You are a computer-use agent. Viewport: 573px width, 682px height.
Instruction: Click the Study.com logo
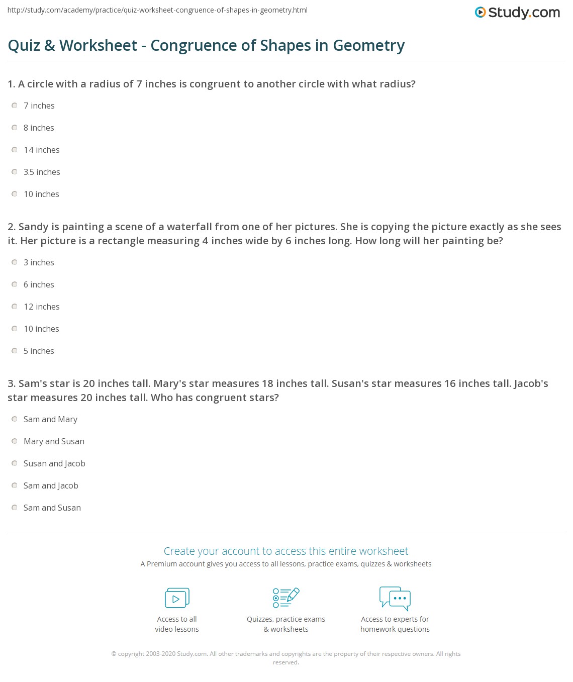coord(517,13)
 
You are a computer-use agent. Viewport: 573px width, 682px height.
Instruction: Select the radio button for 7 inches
coord(15,106)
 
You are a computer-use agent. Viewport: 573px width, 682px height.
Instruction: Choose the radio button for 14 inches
coord(15,150)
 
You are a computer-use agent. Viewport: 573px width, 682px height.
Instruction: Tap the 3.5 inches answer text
coord(42,172)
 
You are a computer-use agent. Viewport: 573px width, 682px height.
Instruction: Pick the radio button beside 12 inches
coord(15,307)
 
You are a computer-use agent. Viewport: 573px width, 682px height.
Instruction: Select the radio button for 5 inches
coord(15,351)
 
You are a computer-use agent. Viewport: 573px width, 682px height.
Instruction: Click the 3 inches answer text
coord(39,262)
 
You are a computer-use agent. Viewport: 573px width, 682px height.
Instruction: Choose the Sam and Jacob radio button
coord(15,485)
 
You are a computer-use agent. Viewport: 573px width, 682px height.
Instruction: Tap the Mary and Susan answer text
coord(54,441)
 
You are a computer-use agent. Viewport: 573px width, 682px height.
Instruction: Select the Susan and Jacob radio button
coord(15,463)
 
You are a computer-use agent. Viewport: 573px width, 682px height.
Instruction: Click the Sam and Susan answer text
coord(52,508)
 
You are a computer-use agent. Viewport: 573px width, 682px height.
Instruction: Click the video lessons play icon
coord(177,598)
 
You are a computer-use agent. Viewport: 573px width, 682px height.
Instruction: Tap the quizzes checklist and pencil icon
coord(286,598)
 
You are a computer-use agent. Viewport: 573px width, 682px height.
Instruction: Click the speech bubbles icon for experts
coord(395,598)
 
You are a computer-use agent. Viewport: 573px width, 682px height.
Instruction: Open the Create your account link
coord(286,551)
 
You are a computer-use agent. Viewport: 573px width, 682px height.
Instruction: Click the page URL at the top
coord(157,10)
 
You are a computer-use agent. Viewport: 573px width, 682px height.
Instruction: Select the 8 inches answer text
coord(39,128)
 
